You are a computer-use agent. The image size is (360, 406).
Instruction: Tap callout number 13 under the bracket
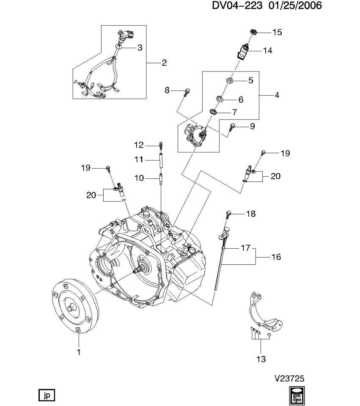pos(261,359)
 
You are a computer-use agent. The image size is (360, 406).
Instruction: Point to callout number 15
pos(277,32)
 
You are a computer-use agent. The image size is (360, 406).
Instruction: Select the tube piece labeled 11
pos(161,160)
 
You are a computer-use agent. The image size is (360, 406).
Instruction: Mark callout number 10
pos(139,178)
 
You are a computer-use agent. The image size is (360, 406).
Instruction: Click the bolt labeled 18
pos(228,214)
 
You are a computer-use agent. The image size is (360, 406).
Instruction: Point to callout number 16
pos(276,257)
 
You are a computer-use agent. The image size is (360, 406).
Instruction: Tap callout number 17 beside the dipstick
pos(246,248)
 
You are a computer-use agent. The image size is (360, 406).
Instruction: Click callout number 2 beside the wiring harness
pos(164,63)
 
